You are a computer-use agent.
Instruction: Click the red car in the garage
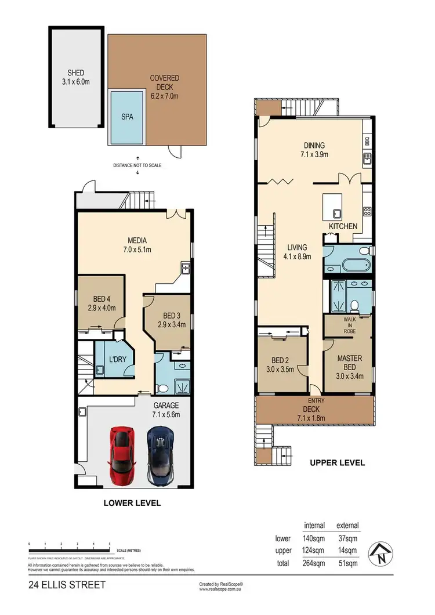[121, 455]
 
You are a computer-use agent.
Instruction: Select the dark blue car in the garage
[160, 455]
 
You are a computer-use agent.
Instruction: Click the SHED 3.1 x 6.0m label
[76, 77]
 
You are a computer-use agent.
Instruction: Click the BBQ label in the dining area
[367, 141]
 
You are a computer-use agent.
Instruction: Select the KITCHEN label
[343, 226]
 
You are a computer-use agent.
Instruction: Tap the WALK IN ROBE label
[349, 325]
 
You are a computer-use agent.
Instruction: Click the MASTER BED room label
[350, 363]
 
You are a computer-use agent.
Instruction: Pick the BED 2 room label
[281, 363]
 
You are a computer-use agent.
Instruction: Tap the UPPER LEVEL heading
[338, 463]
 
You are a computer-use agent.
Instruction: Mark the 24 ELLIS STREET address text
[67, 585]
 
